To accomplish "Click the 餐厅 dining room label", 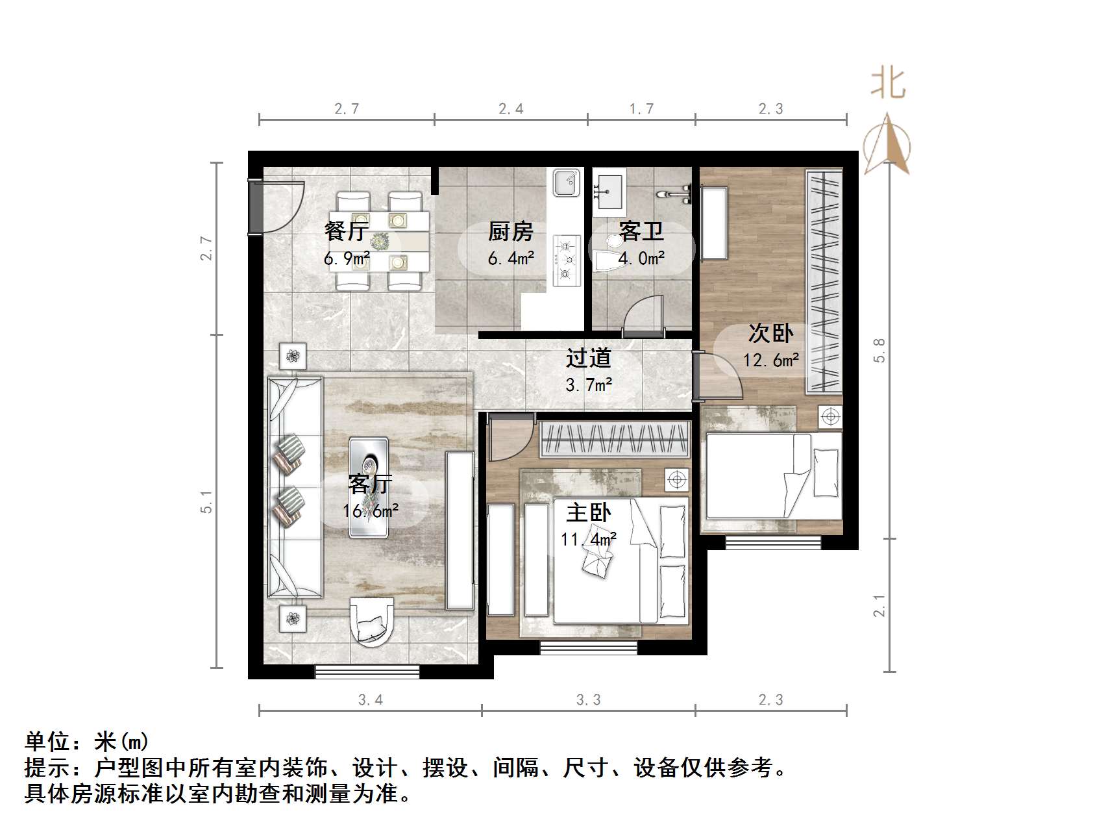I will [347, 231].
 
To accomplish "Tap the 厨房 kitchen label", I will [511, 231].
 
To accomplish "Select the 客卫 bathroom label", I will [641, 231].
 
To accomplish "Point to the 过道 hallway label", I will [589, 358].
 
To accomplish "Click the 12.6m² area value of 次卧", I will [770, 360].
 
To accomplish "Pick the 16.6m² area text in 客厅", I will [371, 511].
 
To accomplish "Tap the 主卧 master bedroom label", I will [589, 513].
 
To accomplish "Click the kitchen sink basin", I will [566, 182].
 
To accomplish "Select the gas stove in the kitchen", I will [565, 260].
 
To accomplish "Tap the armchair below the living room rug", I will [372, 620].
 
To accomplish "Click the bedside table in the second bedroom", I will [830, 416].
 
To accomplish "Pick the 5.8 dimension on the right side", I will [879, 351].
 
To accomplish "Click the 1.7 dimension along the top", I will [641, 109].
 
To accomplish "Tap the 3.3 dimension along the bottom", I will [588, 700].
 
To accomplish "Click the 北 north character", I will [888, 84].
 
